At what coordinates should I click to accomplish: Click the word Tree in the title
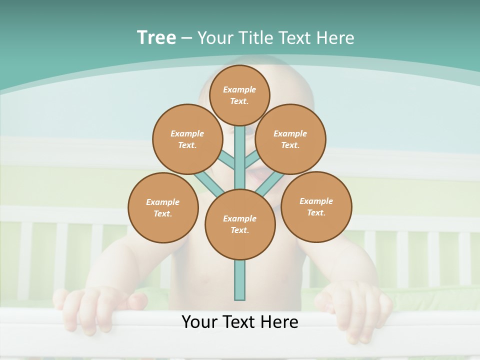pyautogui.click(x=156, y=38)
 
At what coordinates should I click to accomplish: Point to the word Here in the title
pyautogui.click(x=335, y=38)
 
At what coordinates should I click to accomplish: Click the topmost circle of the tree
pyautogui.click(x=239, y=95)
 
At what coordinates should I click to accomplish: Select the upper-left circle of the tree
pyautogui.click(x=187, y=139)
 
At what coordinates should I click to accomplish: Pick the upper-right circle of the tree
pyautogui.click(x=290, y=139)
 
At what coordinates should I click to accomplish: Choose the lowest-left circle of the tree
pyautogui.click(x=163, y=207)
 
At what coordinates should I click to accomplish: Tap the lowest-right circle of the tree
pyautogui.click(x=316, y=206)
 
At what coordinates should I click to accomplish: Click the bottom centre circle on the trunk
pyautogui.click(x=240, y=224)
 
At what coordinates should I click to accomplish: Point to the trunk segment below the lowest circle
pyautogui.click(x=240, y=280)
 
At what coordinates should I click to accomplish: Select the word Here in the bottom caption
pyautogui.click(x=280, y=322)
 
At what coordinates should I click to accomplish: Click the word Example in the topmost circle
pyautogui.click(x=239, y=90)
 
